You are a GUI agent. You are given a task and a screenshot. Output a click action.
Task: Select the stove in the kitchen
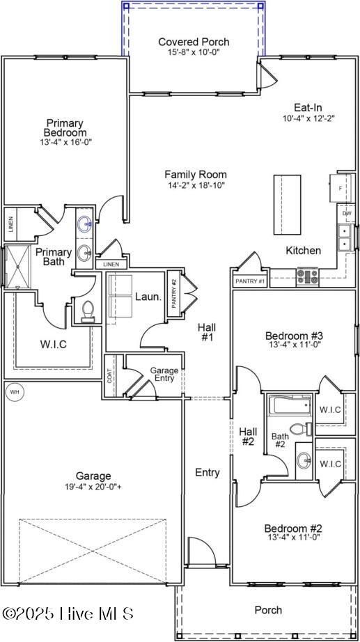pyautogui.click(x=307, y=276)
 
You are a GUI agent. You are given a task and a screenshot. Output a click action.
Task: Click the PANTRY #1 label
pyautogui.click(x=250, y=281)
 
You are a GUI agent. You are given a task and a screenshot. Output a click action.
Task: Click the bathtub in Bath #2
pyautogui.click(x=290, y=405)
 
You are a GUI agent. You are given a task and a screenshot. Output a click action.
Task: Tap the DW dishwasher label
pyautogui.click(x=346, y=214)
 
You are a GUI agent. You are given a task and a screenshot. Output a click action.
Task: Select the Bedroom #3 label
pyautogui.click(x=294, y=335)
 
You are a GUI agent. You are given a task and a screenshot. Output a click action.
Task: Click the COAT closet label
pyautogui.click(x=110, y=375)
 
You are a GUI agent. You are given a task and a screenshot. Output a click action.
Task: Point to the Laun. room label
pyautogui.click(x=148, y=297)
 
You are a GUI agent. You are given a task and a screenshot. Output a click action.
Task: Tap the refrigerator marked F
pyautogui.click(x=341, y=188)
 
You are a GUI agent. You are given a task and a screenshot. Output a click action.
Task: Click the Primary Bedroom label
pyautogui.click(x=65, y=127)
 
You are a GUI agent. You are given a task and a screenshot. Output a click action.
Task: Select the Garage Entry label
pyautogui.click(x=164, y=375)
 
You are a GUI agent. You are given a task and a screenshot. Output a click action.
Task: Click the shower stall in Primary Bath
pyautogui.click(x=15, y=267)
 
